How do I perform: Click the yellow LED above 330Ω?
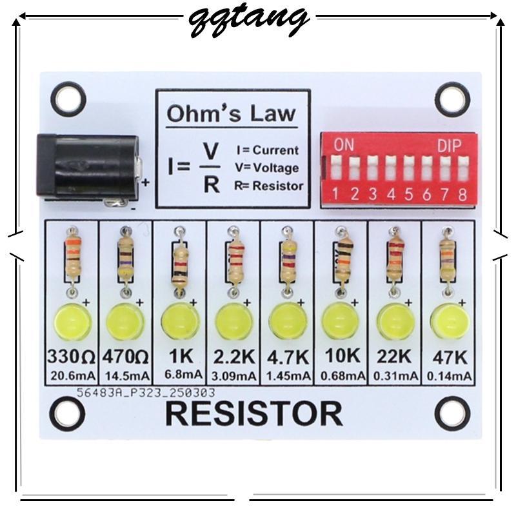pyautogui.click(x=71, y=321)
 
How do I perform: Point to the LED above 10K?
pyautogui.click(x=340, y=321)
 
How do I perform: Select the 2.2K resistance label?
pyautogui.click(x=233, y=357)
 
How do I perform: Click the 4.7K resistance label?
pyautogui.click(x=286, y=357)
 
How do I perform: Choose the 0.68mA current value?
pyautogui.click(x=340, y=375)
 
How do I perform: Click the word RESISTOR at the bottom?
pyautogui.click(x=253, y=413)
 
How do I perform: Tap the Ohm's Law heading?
pyautogui.click(x=231, y=114)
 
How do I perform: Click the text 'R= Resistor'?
pyautogui.click(x=269, y=186)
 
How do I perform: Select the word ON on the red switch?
pyautogui.click(x=344, y=145)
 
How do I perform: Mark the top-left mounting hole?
pyautogui.click(x=67, y=97)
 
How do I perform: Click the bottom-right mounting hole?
pyautogui.click(x=451, y=413)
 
